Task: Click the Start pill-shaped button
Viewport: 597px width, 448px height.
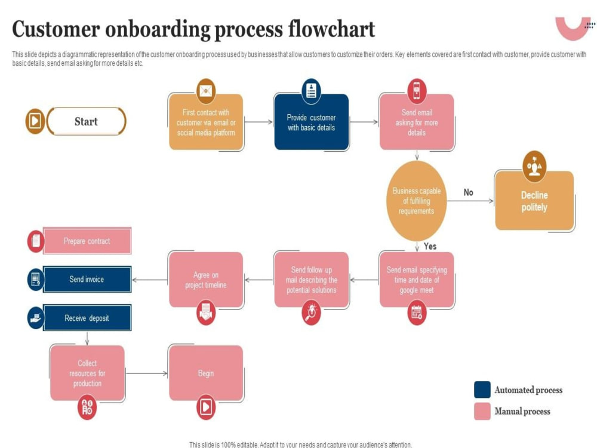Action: [x=87, y=121]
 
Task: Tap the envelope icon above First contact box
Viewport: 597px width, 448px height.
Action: [x=206, y=91]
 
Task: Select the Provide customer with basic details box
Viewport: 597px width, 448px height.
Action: [x=311, y=122]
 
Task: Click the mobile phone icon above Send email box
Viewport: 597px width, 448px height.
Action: [x=417, y=91]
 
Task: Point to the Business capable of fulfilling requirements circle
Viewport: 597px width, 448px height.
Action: [x=417, y=201]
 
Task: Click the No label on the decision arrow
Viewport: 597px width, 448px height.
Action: [x=468, y=192]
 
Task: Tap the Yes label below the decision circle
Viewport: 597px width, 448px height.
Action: [x=430, y=247]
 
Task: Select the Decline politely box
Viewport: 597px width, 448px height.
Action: [x=534, y=201]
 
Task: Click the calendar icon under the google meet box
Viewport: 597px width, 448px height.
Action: [x=417, y=313]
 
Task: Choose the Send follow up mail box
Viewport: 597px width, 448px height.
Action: [x=311, y=280]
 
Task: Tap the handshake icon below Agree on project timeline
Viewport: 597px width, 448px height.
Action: [x=206, y=313]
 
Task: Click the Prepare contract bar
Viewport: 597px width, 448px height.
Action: [x=87, y=241]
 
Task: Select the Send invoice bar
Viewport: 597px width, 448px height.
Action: [x=87, y=279]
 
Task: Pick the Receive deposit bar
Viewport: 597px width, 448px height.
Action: [x=87, y=318]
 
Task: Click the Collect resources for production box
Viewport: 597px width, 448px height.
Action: [x=87, y=373]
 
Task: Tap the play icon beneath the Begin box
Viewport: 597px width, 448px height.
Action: [x=206, y=407]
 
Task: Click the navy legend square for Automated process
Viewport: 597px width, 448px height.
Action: [x=482, y=389]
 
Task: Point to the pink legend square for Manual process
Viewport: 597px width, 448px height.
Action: [x=482, y=412]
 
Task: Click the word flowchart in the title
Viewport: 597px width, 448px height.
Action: [x=331, y=29]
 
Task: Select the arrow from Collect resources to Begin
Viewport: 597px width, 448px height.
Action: [x=147, y=373]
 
